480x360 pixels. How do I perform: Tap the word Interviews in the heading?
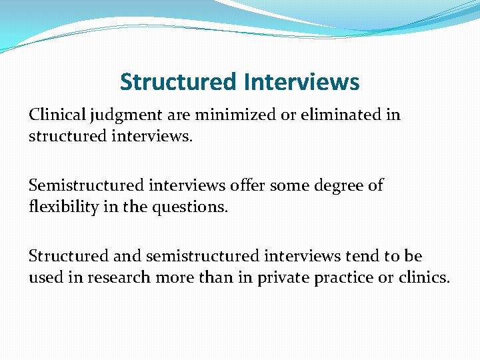[301, 82]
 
